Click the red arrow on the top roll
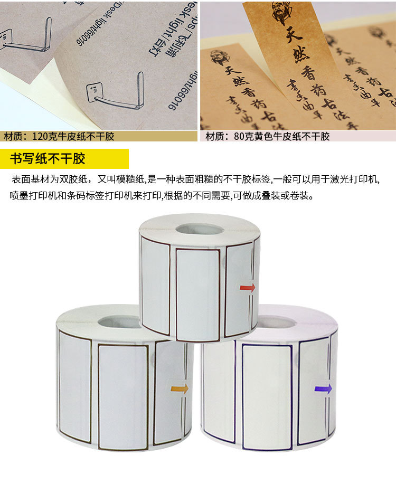click(x=248, y=288)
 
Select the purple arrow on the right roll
click(x=323, y=389)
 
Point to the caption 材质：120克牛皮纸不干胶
click(x=59, y=137)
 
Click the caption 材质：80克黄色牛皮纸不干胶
click(x=268, y=137)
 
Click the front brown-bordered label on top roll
click(x=198, y=294)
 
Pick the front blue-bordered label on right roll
click(x=267, y=396)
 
